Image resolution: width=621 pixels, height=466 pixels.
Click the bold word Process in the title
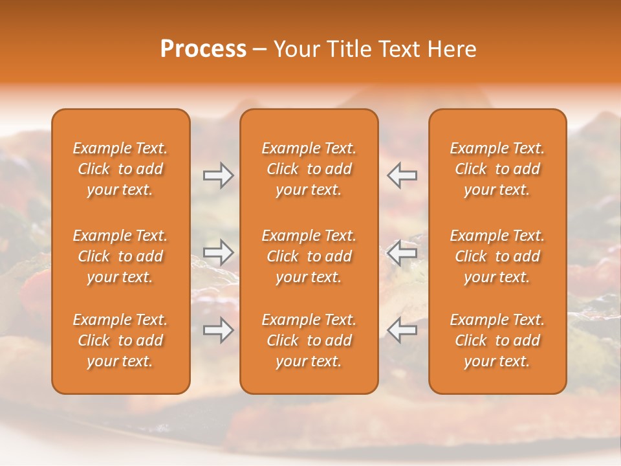pyautogui.click(x=203, y=49)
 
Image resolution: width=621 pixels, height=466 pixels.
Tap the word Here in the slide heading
pyautogui.click(x=453, y=49)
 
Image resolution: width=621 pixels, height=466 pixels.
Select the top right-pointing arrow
pyautogui.click(x=219, y=175)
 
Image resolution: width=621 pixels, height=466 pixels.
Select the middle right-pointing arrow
pyautogui.click(x=219, y=252)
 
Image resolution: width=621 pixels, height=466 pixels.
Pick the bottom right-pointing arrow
pyautogui.click(x=219, y=330)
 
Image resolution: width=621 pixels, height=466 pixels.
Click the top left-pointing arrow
pyautogui.click(x=402, y=175)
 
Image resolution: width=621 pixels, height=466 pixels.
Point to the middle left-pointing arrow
pyautogui.click(x=402, y=252)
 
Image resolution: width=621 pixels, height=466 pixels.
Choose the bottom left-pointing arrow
pyautogui.click(x=402, y=330)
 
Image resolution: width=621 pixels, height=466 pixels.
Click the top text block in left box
pyautogui.click(x=120, y=169)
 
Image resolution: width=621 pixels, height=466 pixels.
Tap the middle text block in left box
pyautogui.click(x=120, y=256)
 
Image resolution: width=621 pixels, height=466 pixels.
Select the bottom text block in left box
pyautogui.click(x=120, y=340)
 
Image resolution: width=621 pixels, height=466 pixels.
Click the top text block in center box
pyautogui.click(x=309, y=169)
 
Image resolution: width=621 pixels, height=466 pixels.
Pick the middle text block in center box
pyautogui.click(x=309, y=256)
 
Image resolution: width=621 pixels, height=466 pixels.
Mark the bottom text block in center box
pyautogui.click(x=309, y=340)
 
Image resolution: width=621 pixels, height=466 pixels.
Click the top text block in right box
pyautogui.click(x=497, y=169)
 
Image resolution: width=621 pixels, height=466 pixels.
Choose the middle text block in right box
pyautogui.click(x=497, y=256)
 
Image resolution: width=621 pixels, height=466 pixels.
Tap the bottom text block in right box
pyautogui.click(x=497, y=340)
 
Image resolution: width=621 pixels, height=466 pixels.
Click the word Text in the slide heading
pyautogui.click(x=400, y=49)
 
